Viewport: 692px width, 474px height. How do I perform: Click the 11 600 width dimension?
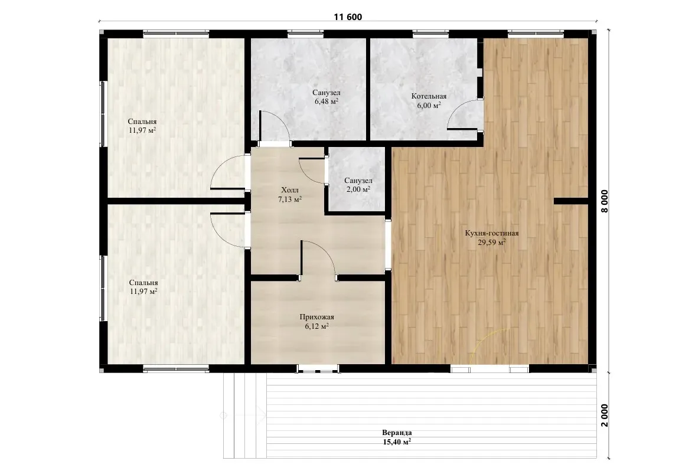[348, 17]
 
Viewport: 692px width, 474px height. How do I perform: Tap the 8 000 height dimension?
[604, 201]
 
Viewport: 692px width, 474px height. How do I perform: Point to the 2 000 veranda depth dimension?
[604, 416]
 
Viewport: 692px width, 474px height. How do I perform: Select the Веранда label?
[397, 433]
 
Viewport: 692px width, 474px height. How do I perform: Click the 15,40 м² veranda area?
[397, 442]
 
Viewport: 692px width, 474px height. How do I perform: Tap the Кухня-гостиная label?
[492, 234]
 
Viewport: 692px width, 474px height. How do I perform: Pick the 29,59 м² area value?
[492, 242]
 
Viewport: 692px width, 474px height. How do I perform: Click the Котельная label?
[429, 96]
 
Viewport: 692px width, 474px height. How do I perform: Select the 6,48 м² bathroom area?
[327, 102]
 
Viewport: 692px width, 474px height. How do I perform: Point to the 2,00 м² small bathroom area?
[358, 189]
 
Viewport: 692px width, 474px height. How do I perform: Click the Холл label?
[289, 190]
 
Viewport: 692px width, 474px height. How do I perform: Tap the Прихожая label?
[317, 318]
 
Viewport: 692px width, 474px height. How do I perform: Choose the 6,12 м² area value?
[317, 326]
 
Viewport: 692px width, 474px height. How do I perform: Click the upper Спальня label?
[142, 122]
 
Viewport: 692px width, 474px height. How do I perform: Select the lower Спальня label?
[143, 283]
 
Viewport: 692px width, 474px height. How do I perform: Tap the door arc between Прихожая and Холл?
[326, 251]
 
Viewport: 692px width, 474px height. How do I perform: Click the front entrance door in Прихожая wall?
[318, 368]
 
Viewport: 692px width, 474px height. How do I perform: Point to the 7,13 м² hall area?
[289, 200]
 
